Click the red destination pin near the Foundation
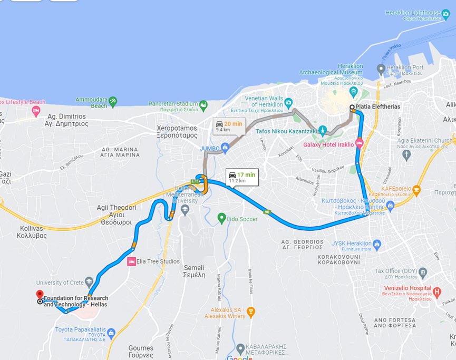[40, 295]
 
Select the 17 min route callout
[242, 177]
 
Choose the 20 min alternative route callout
[229, 126]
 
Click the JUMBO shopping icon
[225, 148]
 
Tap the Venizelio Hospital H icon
[436, 291]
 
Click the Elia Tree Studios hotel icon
[132, 261]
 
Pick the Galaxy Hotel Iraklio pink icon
[360, 142]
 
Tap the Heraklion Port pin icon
[381, 69]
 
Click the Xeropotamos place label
[177, 131]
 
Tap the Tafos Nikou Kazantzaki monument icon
[322, 130]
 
